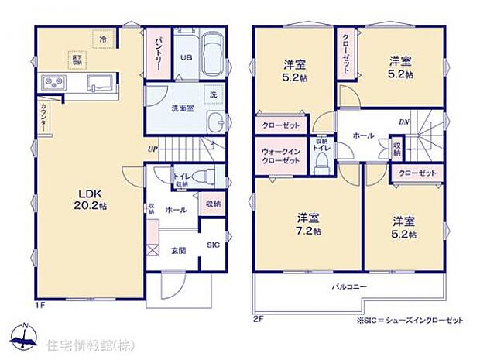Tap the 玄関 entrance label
[177, 249]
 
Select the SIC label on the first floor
[213, 245]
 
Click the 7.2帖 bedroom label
[307, 224]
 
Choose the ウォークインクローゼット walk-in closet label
[280, 155]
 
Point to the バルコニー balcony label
[351, 287]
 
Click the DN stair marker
[404, 122]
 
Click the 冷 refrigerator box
[101, 37]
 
